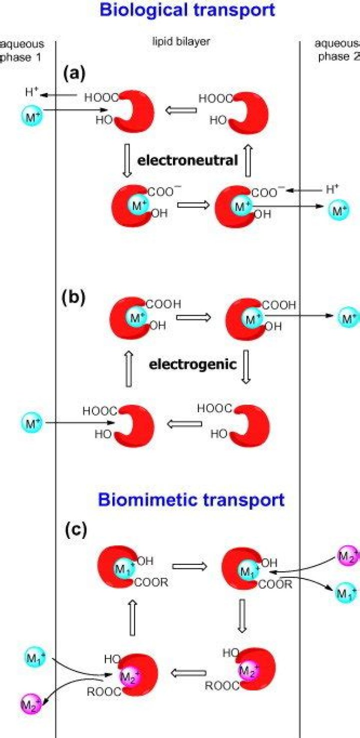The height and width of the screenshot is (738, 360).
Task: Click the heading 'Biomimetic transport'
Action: (191, 499)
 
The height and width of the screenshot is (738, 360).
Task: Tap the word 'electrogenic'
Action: (192, 364)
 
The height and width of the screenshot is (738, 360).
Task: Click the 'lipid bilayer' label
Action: (180, 43)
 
